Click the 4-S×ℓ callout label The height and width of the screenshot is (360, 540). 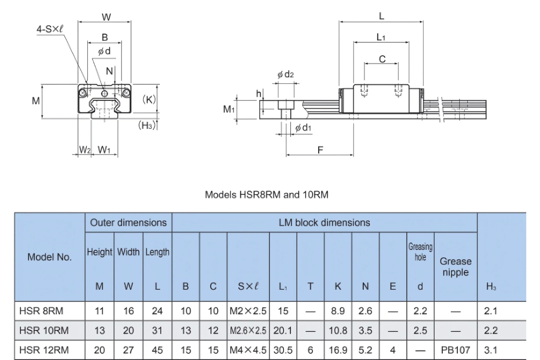[50, 29]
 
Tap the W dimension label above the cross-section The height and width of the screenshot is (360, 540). [106, 17]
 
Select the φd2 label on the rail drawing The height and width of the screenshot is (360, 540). [285, 75]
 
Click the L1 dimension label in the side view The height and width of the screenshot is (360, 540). [381, 37]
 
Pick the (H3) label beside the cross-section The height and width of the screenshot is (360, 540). [147, 125]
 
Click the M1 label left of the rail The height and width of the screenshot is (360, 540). [229, 109]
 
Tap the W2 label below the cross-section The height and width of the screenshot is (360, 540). [85, 149]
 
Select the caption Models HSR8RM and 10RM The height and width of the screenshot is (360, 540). [266, 195]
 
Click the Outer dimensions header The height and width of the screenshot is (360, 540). [128, 222]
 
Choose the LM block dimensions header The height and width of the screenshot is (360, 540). [324, 222]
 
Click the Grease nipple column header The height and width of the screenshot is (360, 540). [455, 267]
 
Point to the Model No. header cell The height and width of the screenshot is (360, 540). [49, 257]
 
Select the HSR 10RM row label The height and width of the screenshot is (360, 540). [44, 330]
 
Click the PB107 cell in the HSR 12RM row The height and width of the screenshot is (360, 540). [455, 350]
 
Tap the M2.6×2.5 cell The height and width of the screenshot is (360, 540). [248, 331]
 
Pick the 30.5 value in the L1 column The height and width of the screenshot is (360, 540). [283, 350]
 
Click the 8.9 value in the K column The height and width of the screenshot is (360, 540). [338, 311]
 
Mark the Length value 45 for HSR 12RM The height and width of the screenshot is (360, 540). [157, 350]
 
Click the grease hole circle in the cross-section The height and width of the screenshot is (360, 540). [104, 93]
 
